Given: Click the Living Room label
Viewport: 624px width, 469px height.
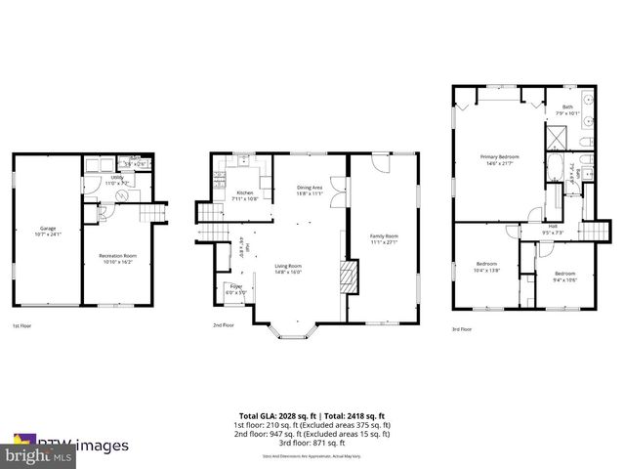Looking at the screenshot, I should pos(287,269).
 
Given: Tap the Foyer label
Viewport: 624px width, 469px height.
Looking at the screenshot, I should pos(236,288).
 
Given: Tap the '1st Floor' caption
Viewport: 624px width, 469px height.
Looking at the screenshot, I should pos(21,324).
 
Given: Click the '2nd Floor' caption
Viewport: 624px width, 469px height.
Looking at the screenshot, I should pos(224,324).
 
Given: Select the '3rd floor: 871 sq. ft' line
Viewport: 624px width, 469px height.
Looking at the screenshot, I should pos(312,446).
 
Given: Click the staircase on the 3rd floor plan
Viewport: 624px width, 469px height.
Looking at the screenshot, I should pos(592,231).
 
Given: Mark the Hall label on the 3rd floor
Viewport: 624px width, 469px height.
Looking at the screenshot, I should pos(553,229).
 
